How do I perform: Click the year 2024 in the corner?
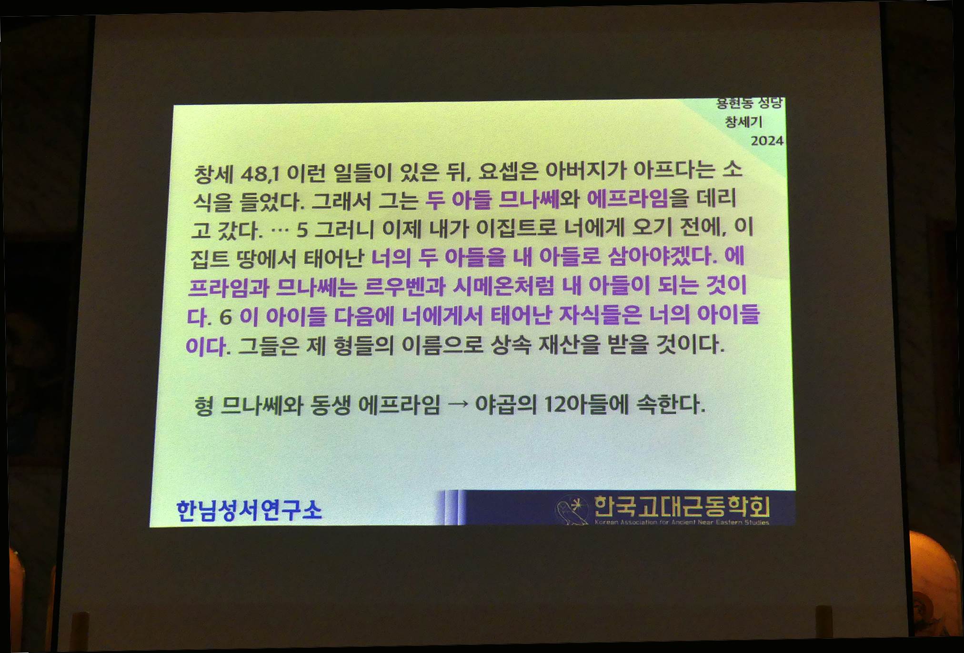point(767,141)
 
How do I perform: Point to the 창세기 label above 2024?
point(743,122)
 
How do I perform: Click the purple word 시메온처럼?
point(503,286)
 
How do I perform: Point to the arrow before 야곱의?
point(458,405)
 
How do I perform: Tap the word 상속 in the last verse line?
point(511,344)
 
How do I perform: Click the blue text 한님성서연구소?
point(249,510)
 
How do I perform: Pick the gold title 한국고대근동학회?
point(682,506)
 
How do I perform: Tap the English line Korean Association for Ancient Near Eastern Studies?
point(682,522)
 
